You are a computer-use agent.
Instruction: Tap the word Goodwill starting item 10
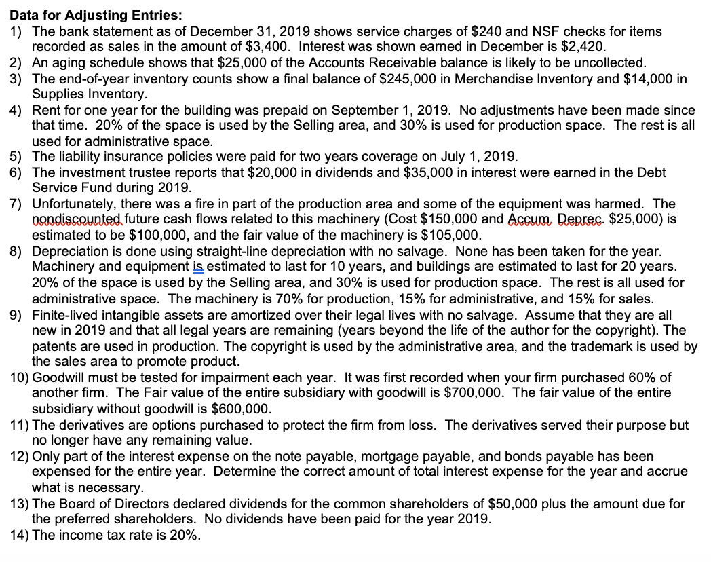(58, 377)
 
